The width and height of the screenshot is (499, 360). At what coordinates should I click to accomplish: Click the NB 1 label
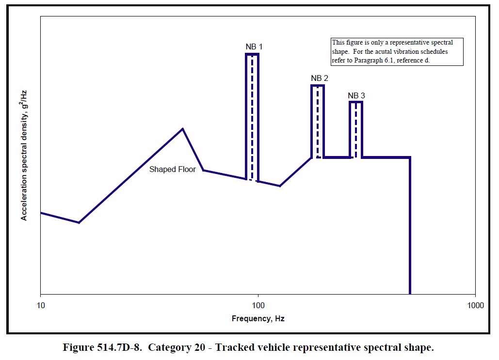(x=254, y=47)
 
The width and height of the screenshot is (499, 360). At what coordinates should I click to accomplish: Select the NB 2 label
(x=320, y=78)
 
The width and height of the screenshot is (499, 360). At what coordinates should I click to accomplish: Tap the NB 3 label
(x=356, y=95)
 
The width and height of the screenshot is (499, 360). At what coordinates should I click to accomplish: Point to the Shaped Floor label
(x=172, y=170)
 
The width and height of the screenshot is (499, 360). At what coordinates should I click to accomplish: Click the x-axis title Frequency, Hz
(x=258, y=318)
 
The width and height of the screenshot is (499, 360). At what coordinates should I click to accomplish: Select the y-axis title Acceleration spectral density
(x=24, y=155)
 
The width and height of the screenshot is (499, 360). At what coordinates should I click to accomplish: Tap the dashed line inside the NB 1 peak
(x=252, y=116)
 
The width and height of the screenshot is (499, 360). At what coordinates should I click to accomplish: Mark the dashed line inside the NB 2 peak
(x=318, y=121)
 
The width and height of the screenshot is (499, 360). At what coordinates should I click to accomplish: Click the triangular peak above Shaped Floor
(x=182, y=129)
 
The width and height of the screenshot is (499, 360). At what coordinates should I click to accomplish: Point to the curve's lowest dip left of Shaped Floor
(x=79, y=222)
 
